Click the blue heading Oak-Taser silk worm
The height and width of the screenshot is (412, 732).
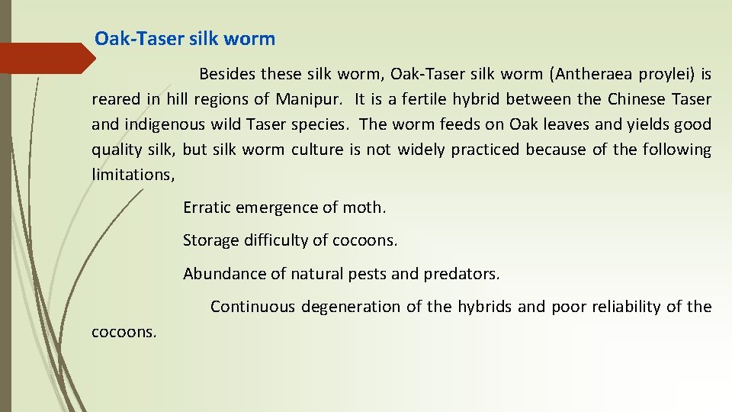185,39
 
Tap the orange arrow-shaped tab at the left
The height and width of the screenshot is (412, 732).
46,58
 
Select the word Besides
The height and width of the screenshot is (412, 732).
227,74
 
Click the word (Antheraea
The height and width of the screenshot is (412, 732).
589,74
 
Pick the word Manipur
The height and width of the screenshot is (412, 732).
310,99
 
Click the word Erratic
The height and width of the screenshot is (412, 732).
207,208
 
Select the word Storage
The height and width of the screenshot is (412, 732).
210,241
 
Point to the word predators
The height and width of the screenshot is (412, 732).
462,274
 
